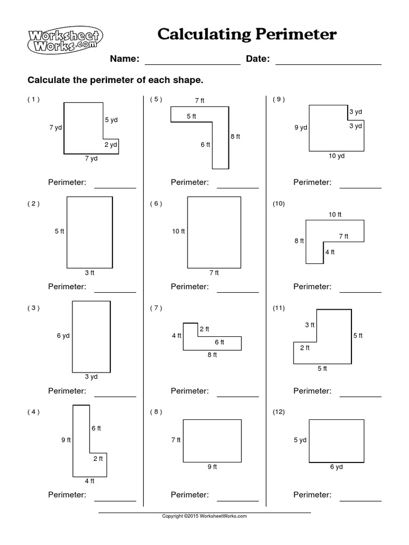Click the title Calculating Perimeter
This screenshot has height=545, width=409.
click(247, 35)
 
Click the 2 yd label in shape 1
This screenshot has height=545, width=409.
click(110, 145)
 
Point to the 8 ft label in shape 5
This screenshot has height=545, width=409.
click(235, 136)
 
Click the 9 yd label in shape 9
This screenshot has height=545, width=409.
click(301, 128)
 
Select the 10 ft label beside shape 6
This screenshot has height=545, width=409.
click(178, 232)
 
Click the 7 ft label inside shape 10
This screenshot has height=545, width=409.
click(343, 236)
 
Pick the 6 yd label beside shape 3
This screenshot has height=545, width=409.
click(63, 336)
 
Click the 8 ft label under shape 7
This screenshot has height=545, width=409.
click(212, 355)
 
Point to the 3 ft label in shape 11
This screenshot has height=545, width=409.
click(309, 325)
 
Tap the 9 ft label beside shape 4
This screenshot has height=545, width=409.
click(66, 440)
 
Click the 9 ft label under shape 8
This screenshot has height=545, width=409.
click(212, 467)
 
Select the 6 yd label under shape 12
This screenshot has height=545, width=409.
click(336, 467)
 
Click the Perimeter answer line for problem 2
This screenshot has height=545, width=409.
click(115, 292)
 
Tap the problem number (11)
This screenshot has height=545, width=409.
click(279, 308)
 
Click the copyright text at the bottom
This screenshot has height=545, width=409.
click(204, 516)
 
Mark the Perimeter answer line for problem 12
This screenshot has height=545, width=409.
click(361, 500)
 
